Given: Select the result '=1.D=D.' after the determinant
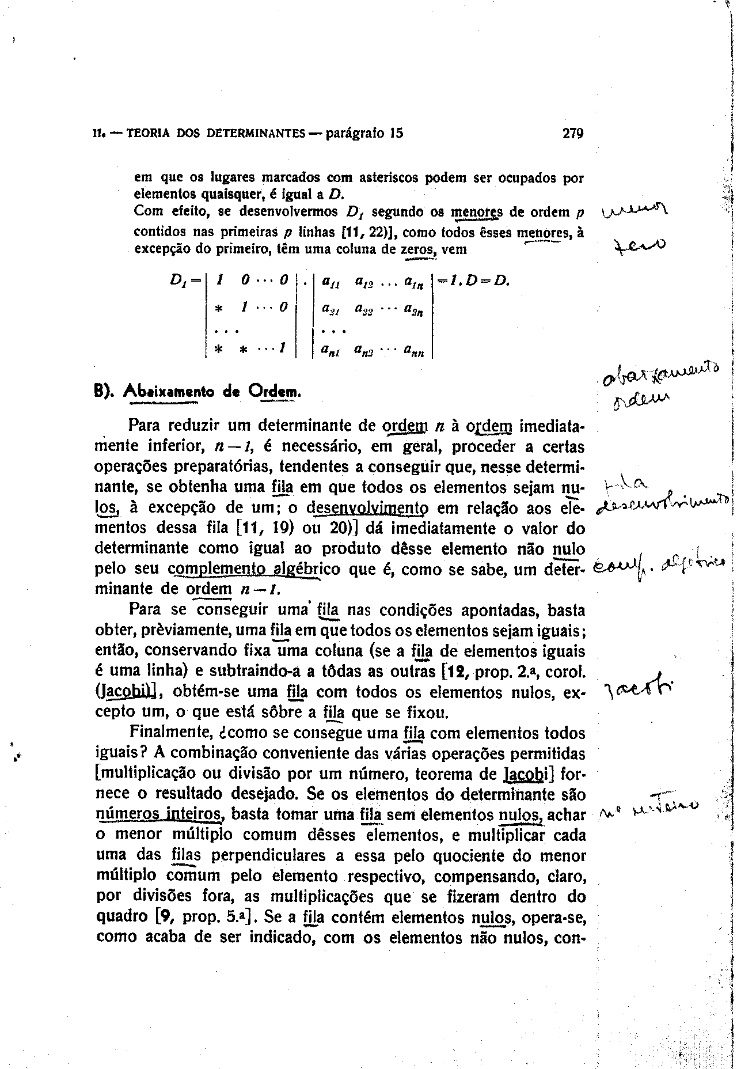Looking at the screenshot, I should point(473,281).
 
